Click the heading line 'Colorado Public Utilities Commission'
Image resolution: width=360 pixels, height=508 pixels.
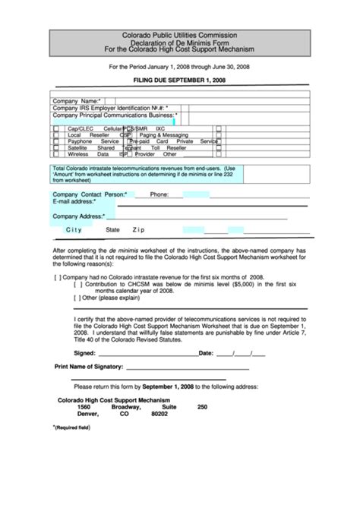[x=180, y=35]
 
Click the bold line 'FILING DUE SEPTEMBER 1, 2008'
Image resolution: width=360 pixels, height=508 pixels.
[x=180, y=80]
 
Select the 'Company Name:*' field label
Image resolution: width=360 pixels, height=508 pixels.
[x=77, y=100]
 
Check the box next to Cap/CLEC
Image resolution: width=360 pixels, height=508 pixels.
[x=56, y=129]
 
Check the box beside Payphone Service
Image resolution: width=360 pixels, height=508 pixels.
[x=56, y=141]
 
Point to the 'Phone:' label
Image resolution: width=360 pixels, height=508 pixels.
[x=159, y=195]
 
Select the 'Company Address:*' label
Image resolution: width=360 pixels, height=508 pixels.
[x=78, y=216]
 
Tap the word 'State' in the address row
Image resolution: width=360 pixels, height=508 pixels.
[x=112, y=229]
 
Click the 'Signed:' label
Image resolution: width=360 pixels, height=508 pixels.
[x=84, y=353]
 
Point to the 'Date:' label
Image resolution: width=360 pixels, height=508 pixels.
[x=205, y=353]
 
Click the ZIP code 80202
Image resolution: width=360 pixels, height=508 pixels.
[x=159, y=415]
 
